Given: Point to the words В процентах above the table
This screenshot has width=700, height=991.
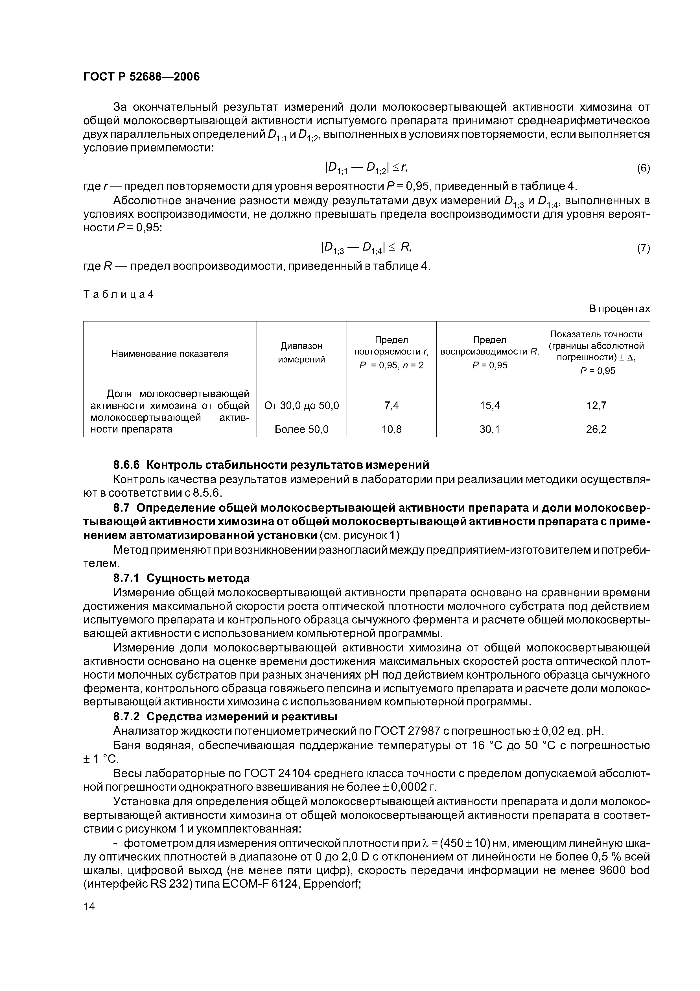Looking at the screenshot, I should click(619, 309).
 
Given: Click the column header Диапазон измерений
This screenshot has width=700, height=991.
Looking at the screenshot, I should click(301, 353).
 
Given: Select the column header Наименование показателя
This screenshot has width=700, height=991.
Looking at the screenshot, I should click(170, 354).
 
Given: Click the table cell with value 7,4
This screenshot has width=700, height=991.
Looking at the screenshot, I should click(391, 405).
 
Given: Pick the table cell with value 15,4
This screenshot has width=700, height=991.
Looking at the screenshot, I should click(489, 405).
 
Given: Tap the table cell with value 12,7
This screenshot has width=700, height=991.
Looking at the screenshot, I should click(596, 405).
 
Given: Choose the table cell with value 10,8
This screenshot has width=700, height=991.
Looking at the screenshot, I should click(391, 429).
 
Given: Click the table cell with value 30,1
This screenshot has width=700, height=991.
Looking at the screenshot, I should click(489, 429).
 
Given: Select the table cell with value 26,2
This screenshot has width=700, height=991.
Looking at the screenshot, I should click(596, 429).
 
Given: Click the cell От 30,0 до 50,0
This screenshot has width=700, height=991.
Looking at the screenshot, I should click(301, 405).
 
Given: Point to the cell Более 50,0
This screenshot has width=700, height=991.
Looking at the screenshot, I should click(301, 429).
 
